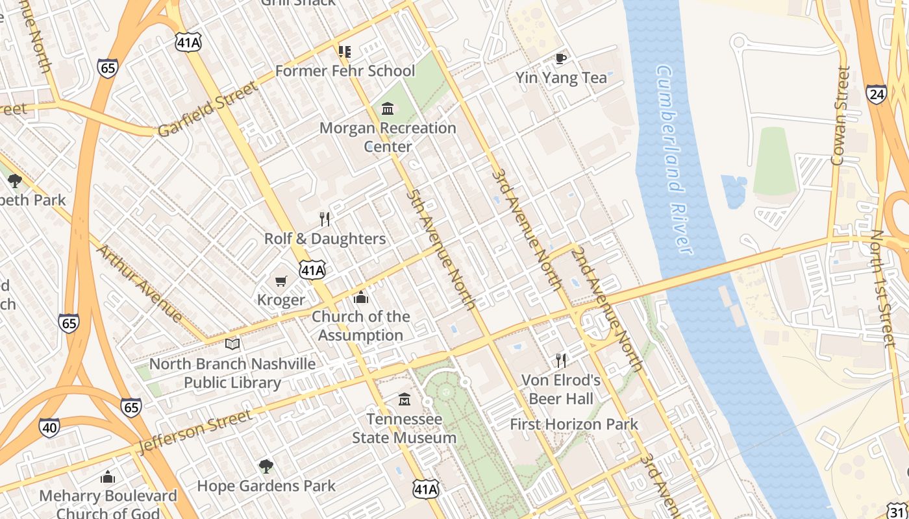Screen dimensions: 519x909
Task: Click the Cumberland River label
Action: pos(675,159)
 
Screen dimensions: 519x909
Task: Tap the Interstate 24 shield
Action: pos(876,95)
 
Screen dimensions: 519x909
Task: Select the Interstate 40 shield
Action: pos(49,428)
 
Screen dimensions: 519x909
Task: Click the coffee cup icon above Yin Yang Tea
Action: pos(561,58)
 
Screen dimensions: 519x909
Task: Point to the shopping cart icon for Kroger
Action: pos(280,281)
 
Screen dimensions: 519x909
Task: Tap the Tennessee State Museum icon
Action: pos(405,399)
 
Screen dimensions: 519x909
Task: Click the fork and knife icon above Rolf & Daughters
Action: pos(325,219)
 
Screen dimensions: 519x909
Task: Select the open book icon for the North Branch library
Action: pos(232,344)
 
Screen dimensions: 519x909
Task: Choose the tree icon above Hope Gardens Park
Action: pos(266,466)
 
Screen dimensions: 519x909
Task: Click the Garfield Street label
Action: pos(208,109)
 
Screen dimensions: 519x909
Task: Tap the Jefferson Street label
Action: pos(195,431)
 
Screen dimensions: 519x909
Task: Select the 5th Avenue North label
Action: pos(442,250)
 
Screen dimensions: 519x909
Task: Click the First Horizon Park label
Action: pos(574,424)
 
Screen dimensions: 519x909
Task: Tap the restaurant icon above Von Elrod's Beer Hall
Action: pos(561,361)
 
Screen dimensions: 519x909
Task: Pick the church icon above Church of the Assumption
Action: pos(360,298)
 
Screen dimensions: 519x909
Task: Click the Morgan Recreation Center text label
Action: pos(388,137)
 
